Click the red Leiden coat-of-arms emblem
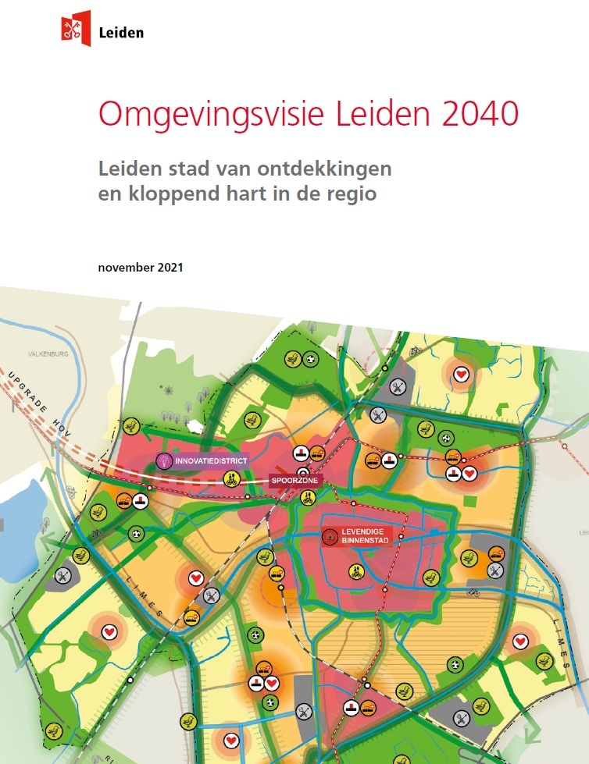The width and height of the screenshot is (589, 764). [x=75, y=28]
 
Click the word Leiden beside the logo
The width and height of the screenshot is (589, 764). [x=122, y=33]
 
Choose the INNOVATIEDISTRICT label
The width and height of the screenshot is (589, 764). [x=211, y=461]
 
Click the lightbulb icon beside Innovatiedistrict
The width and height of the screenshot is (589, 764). [x=164, y=460]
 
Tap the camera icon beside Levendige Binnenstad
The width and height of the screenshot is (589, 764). [x=328, y=536]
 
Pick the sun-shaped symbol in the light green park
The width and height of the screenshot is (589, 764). [x=166, y=388]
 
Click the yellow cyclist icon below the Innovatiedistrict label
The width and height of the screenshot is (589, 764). [x=231, y=481]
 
